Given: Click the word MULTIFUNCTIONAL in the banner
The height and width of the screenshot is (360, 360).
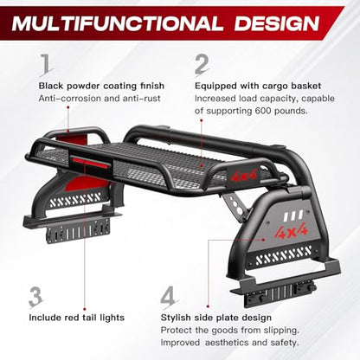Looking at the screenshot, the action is (x=118, y=23).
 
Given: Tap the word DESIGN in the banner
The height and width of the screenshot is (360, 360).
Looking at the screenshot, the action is (x=277, y=23).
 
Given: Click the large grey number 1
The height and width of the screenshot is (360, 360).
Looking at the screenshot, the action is (x=46, y=65).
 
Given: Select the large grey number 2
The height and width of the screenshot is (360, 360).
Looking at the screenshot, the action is (x=202, y=65).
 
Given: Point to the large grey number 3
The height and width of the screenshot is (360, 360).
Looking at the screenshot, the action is (x=36, y=297).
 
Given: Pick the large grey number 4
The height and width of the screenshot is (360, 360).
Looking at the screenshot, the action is (x=168, y=297).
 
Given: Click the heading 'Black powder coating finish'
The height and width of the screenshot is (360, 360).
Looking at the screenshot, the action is (x=101, y=86).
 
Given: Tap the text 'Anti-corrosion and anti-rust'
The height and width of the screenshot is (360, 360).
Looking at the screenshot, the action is (x=100, y=99).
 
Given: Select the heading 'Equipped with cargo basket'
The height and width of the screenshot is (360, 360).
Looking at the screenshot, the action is (x=258, y=86).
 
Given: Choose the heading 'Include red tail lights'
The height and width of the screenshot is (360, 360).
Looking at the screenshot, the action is (x=77, y=318).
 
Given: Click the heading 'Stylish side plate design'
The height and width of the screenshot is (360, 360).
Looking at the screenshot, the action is (x=216, y=318).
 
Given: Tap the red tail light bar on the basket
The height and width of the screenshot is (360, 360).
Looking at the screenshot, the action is (x=91, y=161).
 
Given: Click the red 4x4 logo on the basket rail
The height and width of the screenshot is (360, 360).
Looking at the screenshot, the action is (x=244, y=175).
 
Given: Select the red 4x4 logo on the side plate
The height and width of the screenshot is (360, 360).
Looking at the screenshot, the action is (x=290, y=230).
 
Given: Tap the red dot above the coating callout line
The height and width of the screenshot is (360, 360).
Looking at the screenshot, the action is (x=68, y=107).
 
